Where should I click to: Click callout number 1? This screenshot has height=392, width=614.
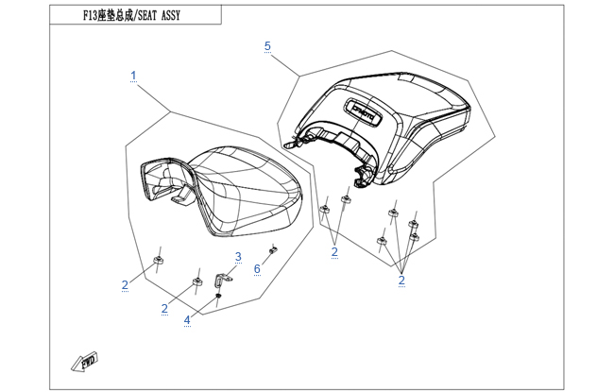(x=133, y=75)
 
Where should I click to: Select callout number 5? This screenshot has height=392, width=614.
(x=267, y=45)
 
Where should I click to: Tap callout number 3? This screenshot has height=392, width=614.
(x=239, y=257)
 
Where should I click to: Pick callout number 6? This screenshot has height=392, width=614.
(x=256, y=269)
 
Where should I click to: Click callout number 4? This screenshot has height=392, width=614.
(x=187, y=319)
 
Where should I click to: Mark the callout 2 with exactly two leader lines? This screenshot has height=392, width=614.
(x=334, y=252)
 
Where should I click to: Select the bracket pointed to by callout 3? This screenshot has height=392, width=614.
(x=222, y=281)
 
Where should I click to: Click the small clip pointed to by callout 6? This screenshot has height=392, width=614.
(x=273, y=249)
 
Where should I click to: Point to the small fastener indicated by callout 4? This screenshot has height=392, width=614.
(x=218, y=298)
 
